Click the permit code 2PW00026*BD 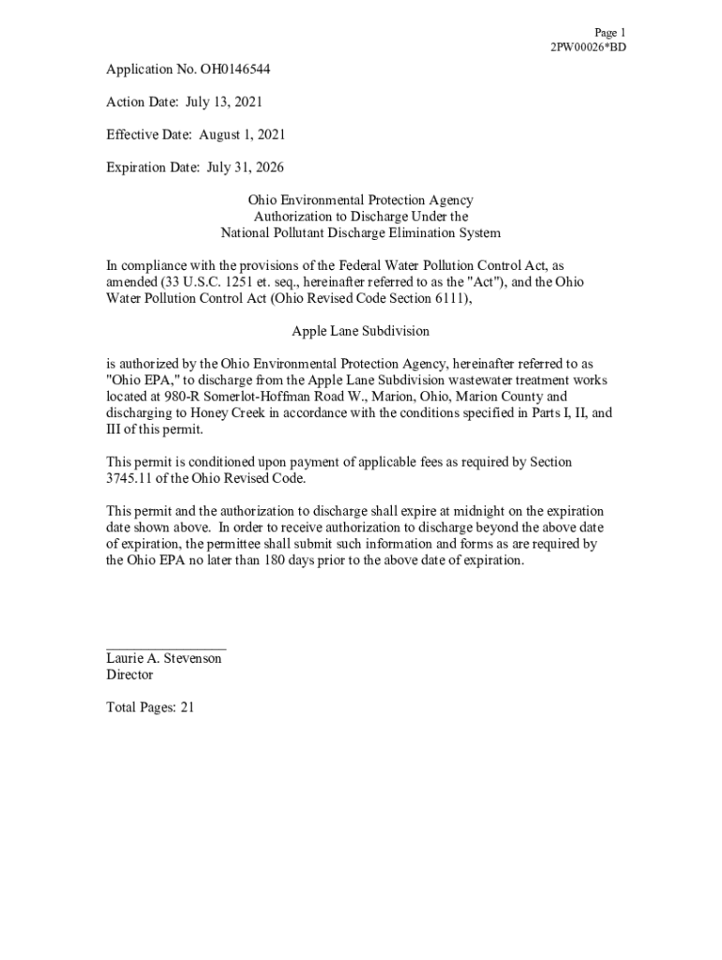588,47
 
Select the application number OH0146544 231,69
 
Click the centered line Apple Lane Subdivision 360,331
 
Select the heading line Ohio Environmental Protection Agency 360,201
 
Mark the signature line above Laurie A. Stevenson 166,648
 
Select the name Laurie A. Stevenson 164,659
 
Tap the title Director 129,675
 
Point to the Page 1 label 609,33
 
